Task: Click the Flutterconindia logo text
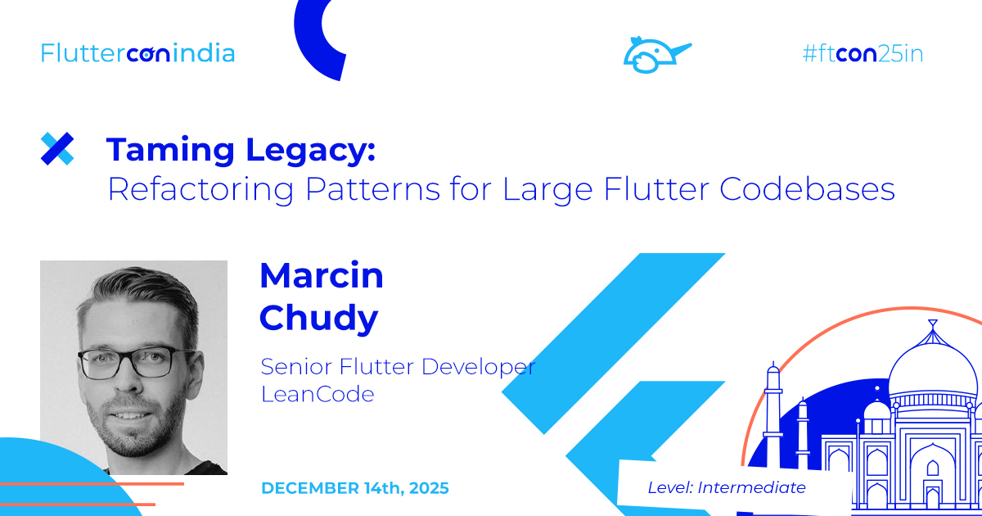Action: pyautogui.click(x=137, y=53)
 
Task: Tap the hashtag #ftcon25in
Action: pyautogui.click(x=863, y=54)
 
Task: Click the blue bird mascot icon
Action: pyautogui.click(x=655, y=54)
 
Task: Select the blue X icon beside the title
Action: pyautogui.click(x=57, y=148)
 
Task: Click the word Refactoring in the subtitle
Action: pyautogui.click(x=200, y=189)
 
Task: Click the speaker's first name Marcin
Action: pyautogui.click(x=322, y=276)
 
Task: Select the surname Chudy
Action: pyautogui.click(x=319, y=318)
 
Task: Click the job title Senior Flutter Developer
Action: pyautogui.click(x=398, y=366)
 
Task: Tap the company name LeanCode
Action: pyautogui.click(x=318, y=394)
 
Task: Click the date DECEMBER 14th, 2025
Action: pyautogui.click(x=355, y=488)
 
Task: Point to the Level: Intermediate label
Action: pyautogui.click(x=727, y=487)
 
